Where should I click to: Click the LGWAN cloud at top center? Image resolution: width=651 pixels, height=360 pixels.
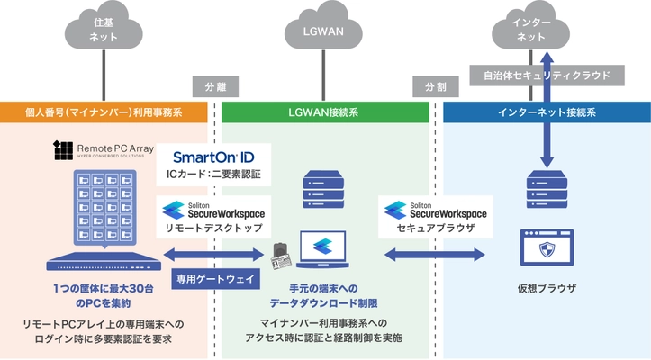click(325, 30)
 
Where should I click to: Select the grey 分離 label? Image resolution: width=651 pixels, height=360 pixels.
click(208, 87)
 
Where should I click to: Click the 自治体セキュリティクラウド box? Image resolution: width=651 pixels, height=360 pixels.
click(547, 75)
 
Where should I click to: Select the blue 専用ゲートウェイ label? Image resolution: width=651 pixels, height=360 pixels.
click(215, 279)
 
